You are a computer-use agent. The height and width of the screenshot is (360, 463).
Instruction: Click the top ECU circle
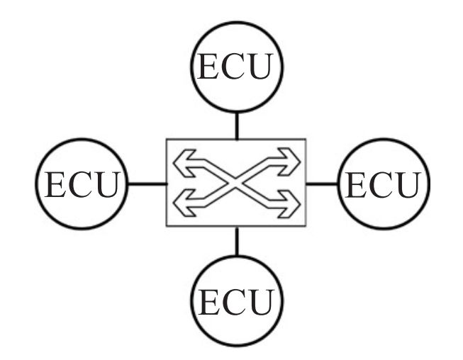pyautogui.click(x=236, y=66)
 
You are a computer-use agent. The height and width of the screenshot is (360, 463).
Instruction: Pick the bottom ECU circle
pyautogui.click(x=237, y=300)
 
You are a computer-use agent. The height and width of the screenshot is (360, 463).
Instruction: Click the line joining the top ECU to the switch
pyautogui.click(x=236, y=125)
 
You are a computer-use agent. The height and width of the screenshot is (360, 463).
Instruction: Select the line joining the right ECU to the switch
pyautogui.click(x=322, y=184)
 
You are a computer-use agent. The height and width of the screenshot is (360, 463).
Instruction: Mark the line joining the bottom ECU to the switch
pyautogui.click(x=236, y=241)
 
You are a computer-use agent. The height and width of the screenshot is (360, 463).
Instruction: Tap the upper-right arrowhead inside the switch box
pyautogui.click(x=290, y=162)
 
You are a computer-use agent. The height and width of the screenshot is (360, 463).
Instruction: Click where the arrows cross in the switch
pyautogui.click(x=236, y=181)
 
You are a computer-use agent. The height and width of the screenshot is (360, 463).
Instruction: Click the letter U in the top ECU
pyautogui.click(x=263, y=67)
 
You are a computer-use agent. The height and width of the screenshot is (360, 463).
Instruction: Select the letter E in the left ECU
pyautogui.click(x=55, y=186)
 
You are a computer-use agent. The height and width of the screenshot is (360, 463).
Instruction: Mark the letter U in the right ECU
pyautogui.click(x=406, y=186)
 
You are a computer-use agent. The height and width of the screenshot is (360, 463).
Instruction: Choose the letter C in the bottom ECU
pyautogui.click(x=237, y=303)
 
